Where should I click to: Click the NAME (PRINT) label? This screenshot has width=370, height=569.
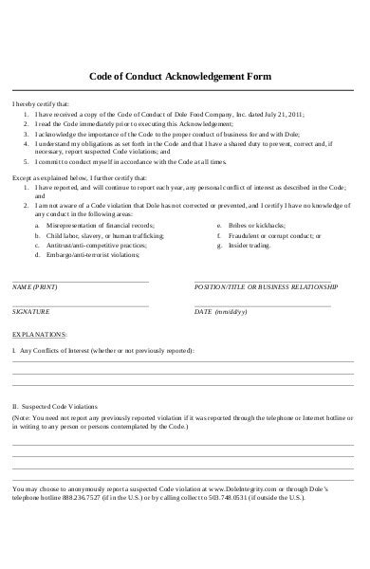pos(34,285)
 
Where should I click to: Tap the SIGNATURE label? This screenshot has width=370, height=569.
pos(30,311)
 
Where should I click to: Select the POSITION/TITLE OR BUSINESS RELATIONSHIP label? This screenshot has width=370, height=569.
pos(266,285)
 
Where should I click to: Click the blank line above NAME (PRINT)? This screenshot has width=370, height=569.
pos(80,280)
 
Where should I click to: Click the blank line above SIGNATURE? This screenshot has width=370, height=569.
pos(80,305)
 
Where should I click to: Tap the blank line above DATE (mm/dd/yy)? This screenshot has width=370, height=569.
pos(263,305)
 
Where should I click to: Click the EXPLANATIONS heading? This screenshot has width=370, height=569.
pos(39,335)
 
